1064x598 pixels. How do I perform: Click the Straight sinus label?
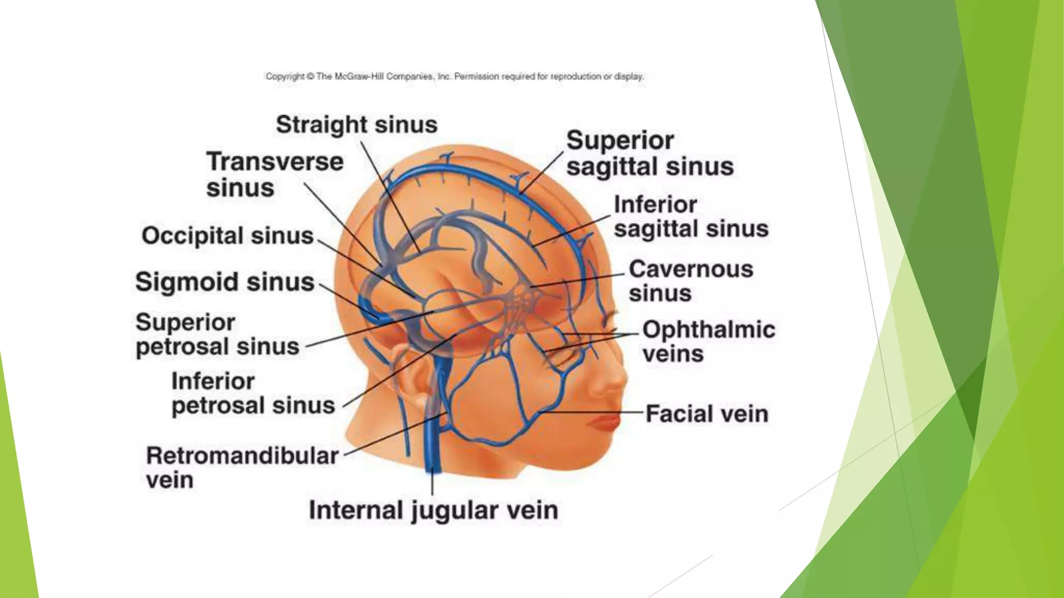pyautogui.click(x=356, y=125)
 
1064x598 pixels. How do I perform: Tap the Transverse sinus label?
pyautogui.click(x=274, y=174)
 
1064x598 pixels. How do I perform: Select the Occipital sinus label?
pyautogui.click(x=228, y=236)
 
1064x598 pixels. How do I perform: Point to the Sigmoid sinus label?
pyautogui.click(x=225, y=282)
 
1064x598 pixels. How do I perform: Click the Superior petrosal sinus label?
pyautogui.click(x=217, y=334)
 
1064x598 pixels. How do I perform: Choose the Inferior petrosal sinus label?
pyautogui.click(x=253, y=393)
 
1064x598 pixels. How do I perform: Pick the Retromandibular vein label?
pyautogui.click(x=242, y=467)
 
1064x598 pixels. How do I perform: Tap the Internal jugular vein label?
pyautogui.click(x=433, y=510)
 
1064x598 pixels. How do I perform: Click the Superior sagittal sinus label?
pyautogui.click(x=649, y=154)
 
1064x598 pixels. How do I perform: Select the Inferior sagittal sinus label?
pyautogui.click(x=690, y=216)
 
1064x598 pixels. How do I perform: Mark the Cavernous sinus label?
pyautogui.click(x=690, y=281)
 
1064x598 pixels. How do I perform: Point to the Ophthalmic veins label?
pyautogui.click(x=708, y=342)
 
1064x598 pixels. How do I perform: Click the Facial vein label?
pyautogui.click(x=707, y=414)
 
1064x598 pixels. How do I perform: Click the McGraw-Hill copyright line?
pyautogui.click(x=455, y=77)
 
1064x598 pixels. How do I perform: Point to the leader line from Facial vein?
pyautogui.click(x=592, y=412)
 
